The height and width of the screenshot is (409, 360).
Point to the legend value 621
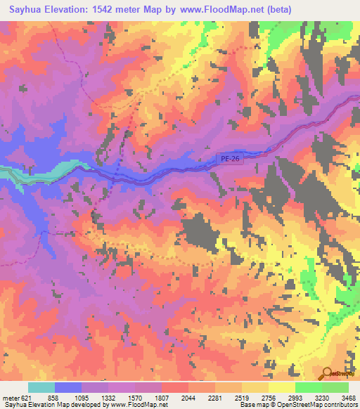pos(27,397)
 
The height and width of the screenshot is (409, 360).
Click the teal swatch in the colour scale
pos(41,387)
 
